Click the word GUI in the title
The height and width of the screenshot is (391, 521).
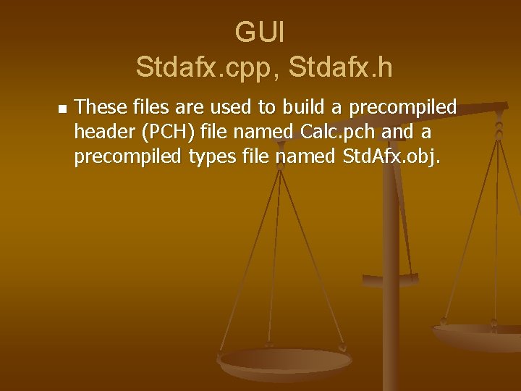point(260,33)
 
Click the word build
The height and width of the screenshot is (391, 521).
point(305,108)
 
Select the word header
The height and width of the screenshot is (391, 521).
point(101,132)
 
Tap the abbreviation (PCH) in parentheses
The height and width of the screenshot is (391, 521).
point(168,132)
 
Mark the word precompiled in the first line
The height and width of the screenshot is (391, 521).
point(403,108)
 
